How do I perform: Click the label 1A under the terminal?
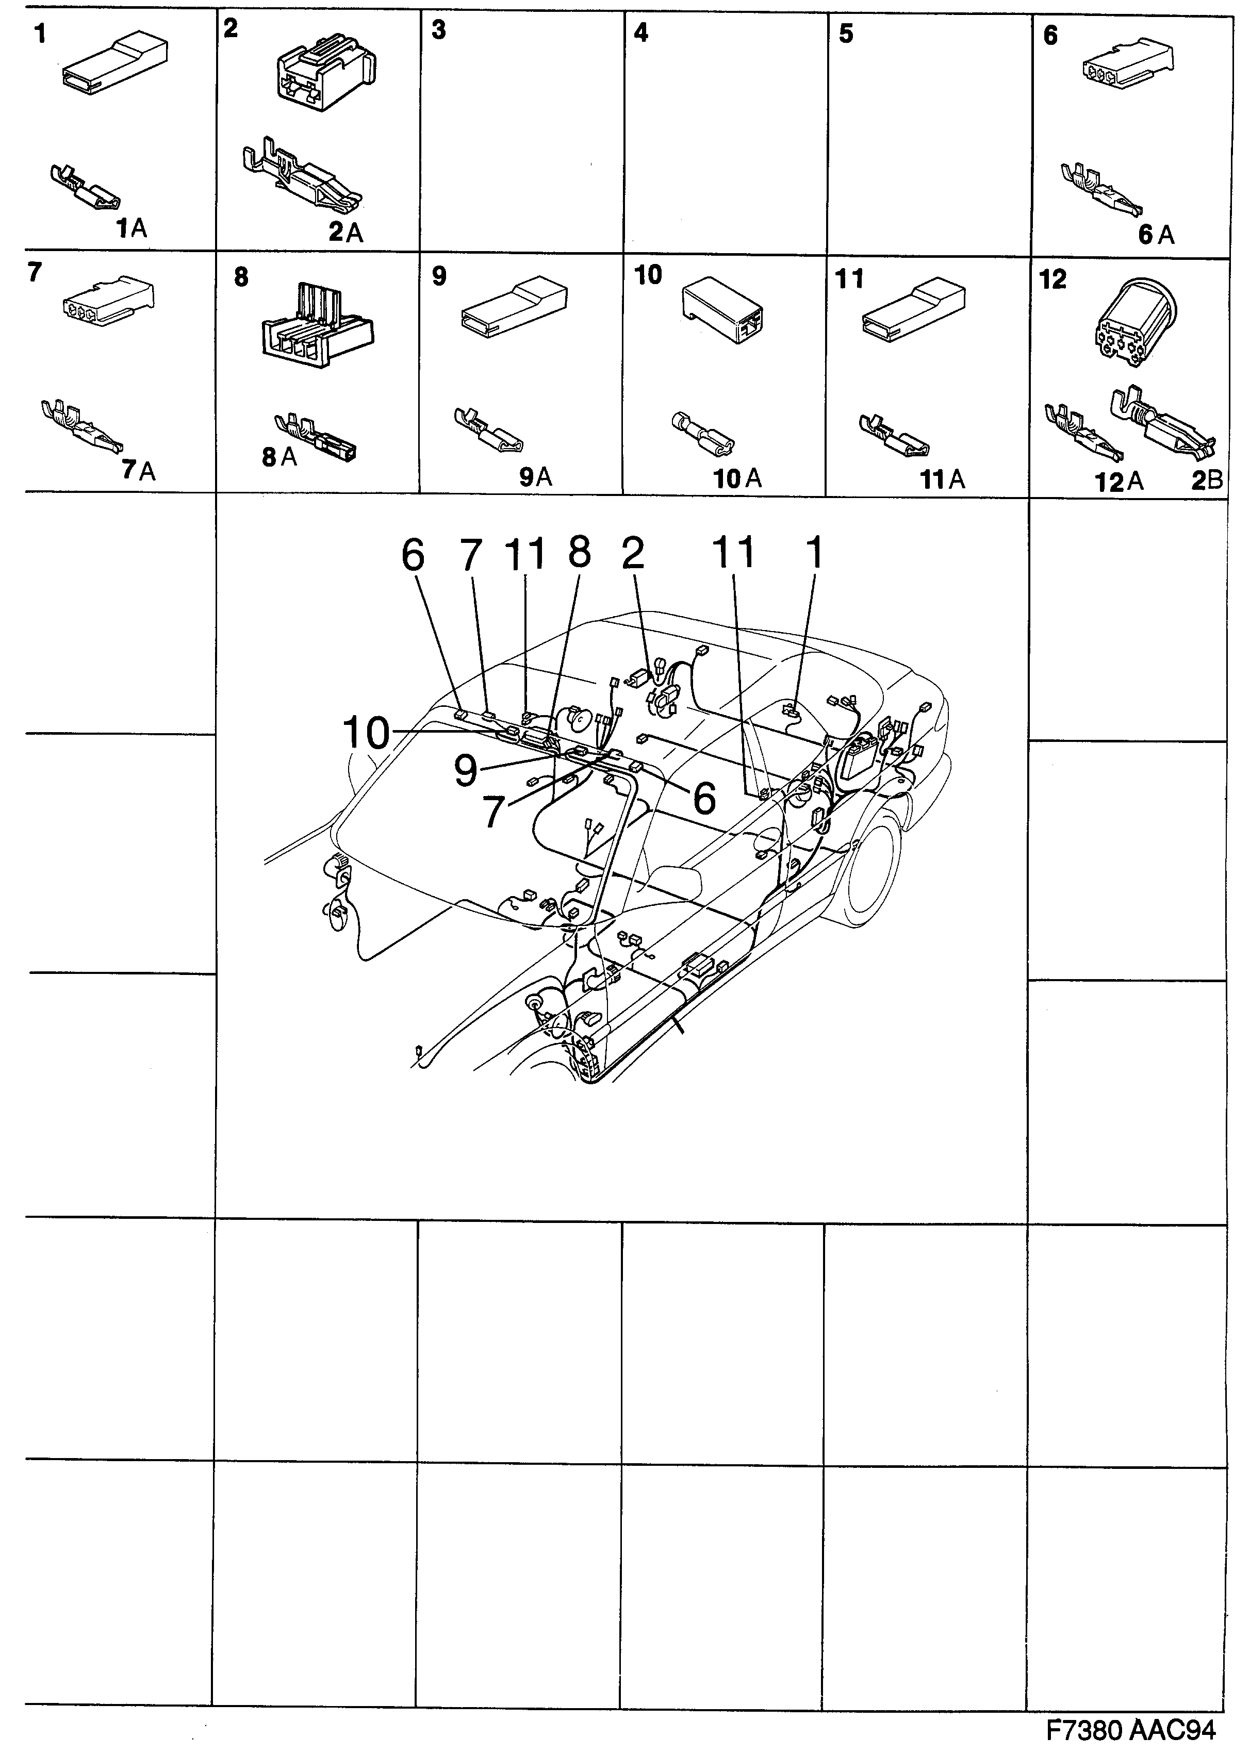pos(131,228)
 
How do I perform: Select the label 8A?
pos(278,457)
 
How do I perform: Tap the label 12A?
pos(1119,483)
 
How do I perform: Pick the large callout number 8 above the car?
pos(579,553)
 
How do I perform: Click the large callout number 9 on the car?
pos(465,770)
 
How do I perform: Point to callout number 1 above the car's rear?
pos(814,553)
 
